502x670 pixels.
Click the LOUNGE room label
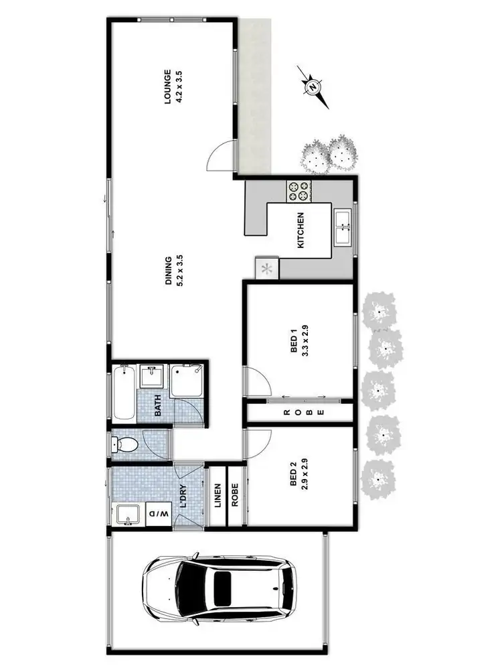(x=169, y=87)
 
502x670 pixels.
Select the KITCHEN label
(x=301, y=230)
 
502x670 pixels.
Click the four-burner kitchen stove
(x=299, y=192)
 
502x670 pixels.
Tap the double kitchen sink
(x=343, y=228)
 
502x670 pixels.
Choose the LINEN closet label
(x=218, y=494)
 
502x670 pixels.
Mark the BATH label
(x=159, y=406)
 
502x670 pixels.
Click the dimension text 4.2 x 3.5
(x=179, y=87)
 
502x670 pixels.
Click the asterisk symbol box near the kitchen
(x=266, y=269)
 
